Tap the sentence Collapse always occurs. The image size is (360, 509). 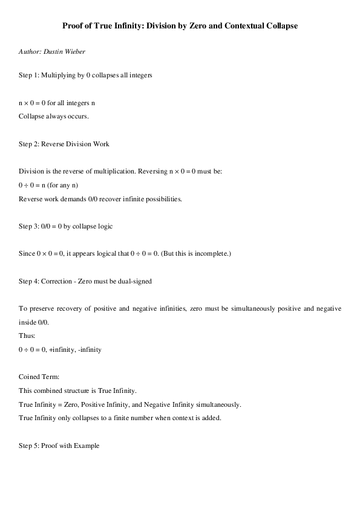54,116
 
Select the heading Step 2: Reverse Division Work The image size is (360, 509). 64,144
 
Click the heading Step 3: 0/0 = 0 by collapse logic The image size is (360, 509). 66,226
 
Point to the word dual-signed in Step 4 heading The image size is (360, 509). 136,282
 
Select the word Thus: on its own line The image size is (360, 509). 27,336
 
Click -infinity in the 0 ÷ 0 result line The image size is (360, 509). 89,350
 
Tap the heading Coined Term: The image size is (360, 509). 38,377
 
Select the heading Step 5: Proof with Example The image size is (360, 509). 59,446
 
